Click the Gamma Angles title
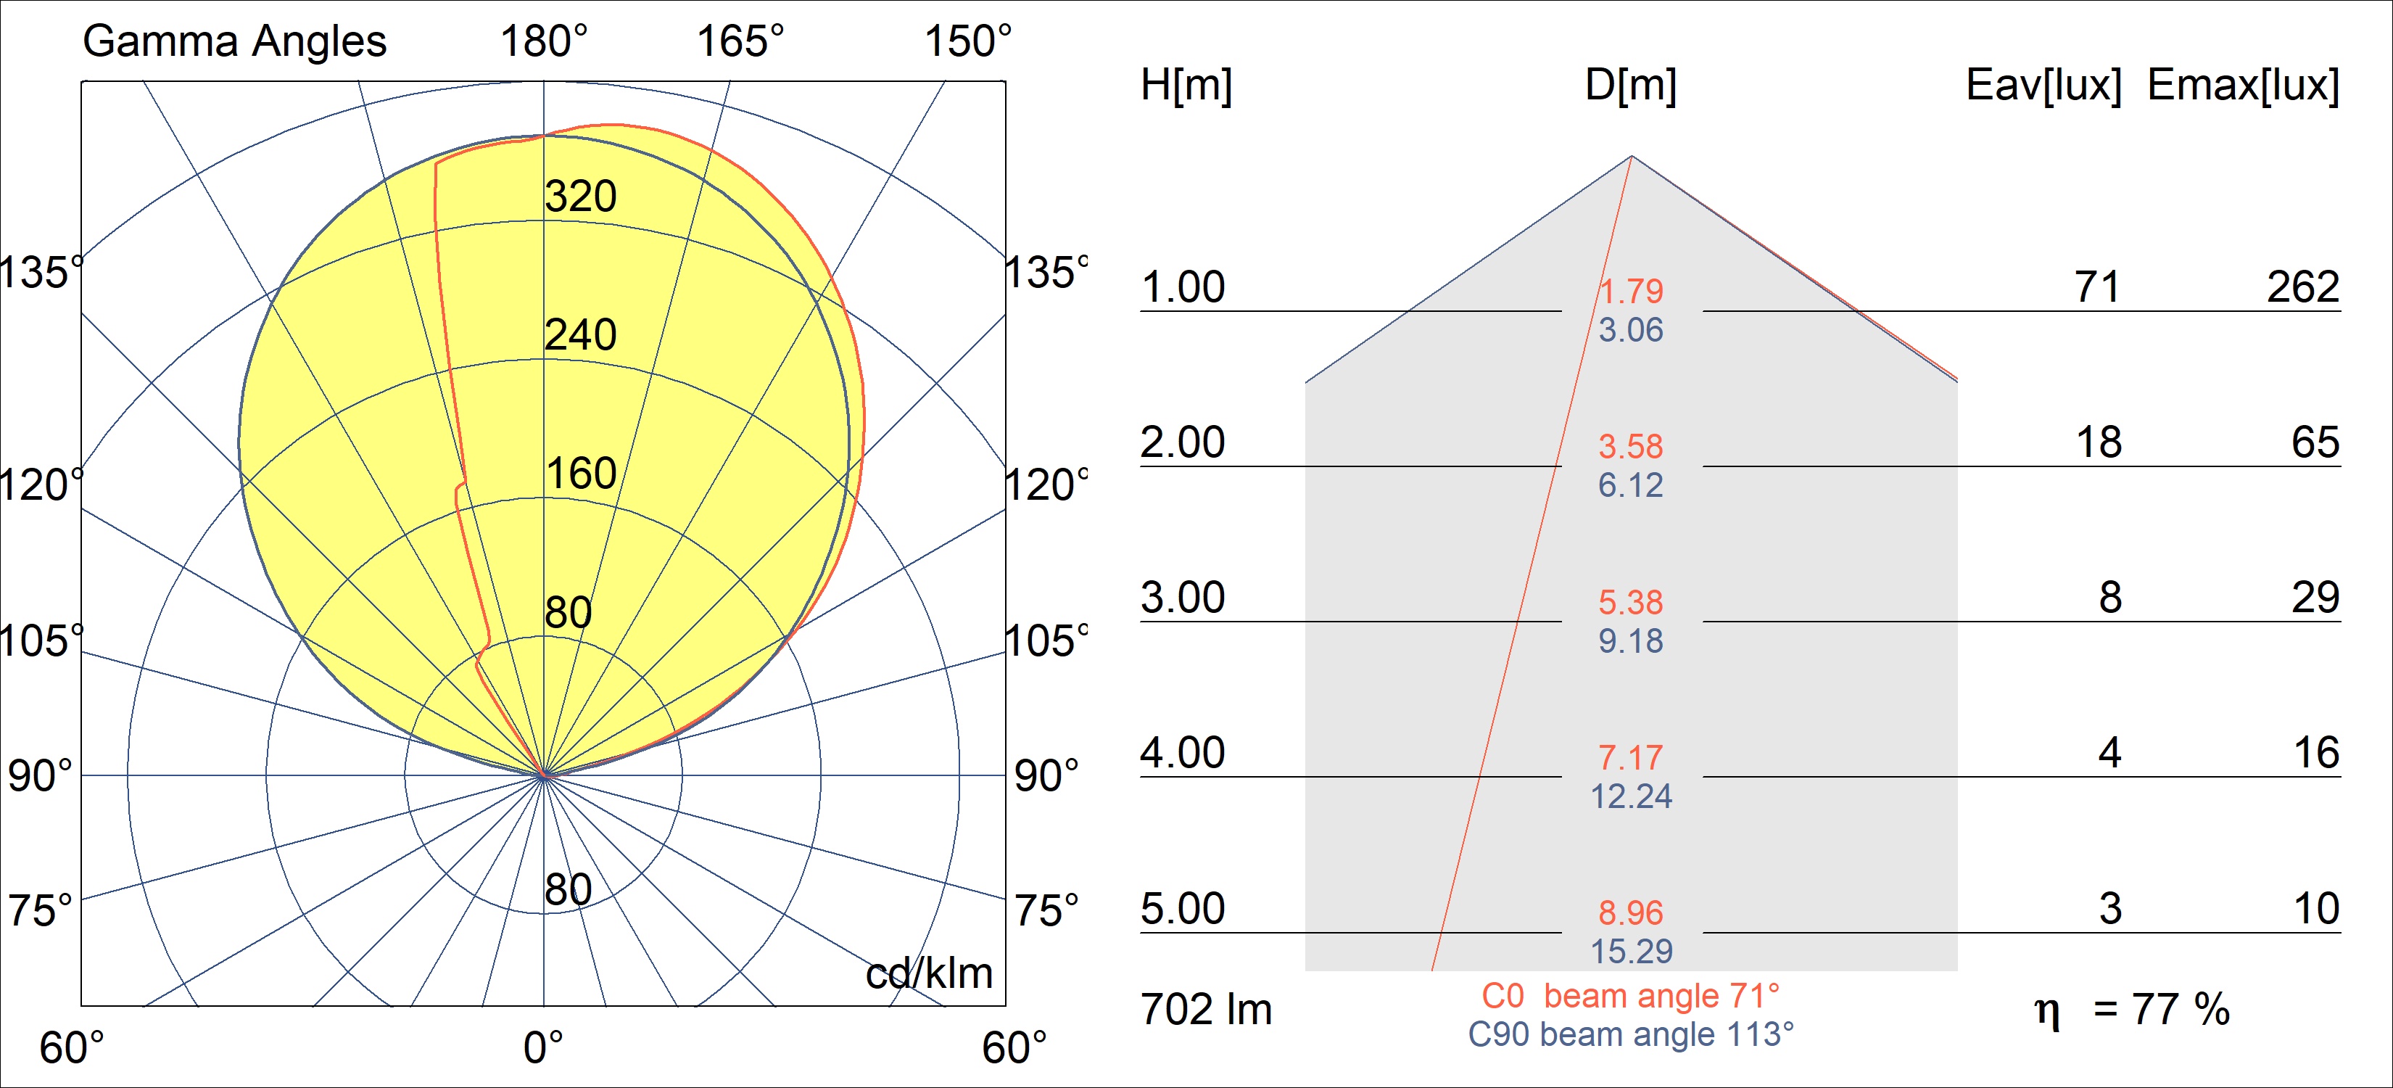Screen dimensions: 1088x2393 (234, 42)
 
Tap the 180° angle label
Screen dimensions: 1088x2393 (543, 42)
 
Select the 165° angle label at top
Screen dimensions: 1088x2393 (740, 42)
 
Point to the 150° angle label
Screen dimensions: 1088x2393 (967, 42)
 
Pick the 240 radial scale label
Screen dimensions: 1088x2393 (581, 335)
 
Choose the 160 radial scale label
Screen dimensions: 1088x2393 (581, 474)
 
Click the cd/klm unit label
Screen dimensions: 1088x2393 (929, 973)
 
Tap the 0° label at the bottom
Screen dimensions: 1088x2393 (542, 1048)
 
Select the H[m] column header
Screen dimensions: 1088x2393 (1186, 86)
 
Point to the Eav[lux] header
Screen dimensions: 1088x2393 (2043, 86)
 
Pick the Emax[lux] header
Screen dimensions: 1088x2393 (2242, 86)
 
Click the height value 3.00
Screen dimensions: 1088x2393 (1183, 598)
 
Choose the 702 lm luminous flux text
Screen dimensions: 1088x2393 (1206, 1010)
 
